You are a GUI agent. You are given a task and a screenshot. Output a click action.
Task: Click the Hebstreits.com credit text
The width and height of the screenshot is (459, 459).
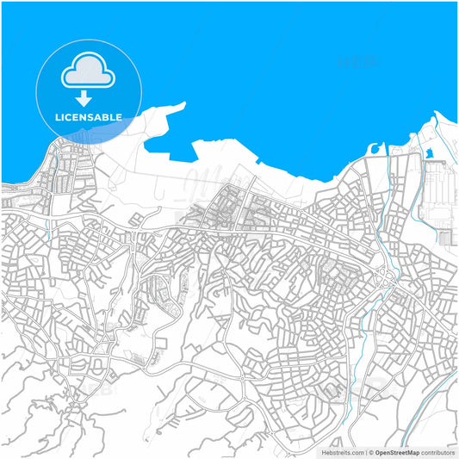coord(342,451)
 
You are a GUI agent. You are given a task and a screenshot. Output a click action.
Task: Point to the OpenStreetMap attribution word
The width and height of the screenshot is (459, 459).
coord(395,451)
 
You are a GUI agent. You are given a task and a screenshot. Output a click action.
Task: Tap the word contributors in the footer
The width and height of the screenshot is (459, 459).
coord(438,451)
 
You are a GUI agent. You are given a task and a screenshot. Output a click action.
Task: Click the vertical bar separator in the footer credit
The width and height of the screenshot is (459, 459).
coord(367,451)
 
